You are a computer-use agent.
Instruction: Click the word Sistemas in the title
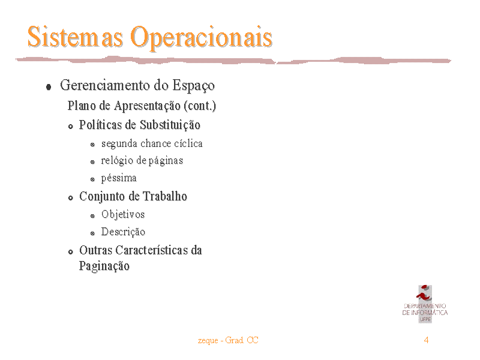tap(76, 37)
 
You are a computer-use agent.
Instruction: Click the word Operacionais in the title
tap(202, 38)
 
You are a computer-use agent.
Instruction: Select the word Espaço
tap(193, 86)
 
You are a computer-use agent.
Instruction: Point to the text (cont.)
tap(200, 106)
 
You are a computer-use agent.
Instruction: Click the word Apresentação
tap(147, 106)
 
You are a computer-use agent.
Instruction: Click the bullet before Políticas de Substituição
tap(71, 127)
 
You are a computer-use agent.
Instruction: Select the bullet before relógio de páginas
tap(92, 162)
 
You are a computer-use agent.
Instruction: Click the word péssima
tap(119, 178)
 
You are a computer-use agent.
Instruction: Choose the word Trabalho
tap(164, 196)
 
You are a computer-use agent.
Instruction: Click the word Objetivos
tap(123, 215)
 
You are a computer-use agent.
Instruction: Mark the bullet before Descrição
tap(92, 233)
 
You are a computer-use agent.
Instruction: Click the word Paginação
tap(104, 266)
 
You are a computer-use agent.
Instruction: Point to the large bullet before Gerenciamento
tap(49, 87)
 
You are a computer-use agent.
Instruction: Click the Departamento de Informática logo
tap(425, 304)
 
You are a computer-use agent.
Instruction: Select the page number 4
tap(426, 340)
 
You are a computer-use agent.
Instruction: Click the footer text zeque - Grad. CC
tap(228, 340)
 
